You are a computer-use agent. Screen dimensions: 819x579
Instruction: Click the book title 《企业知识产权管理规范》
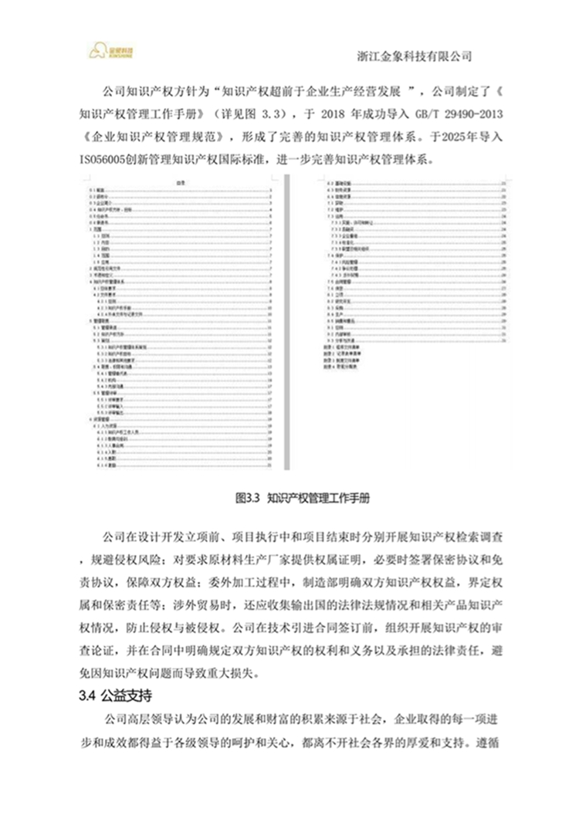click(154, 138)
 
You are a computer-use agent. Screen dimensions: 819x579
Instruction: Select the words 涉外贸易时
click(188, 600)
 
